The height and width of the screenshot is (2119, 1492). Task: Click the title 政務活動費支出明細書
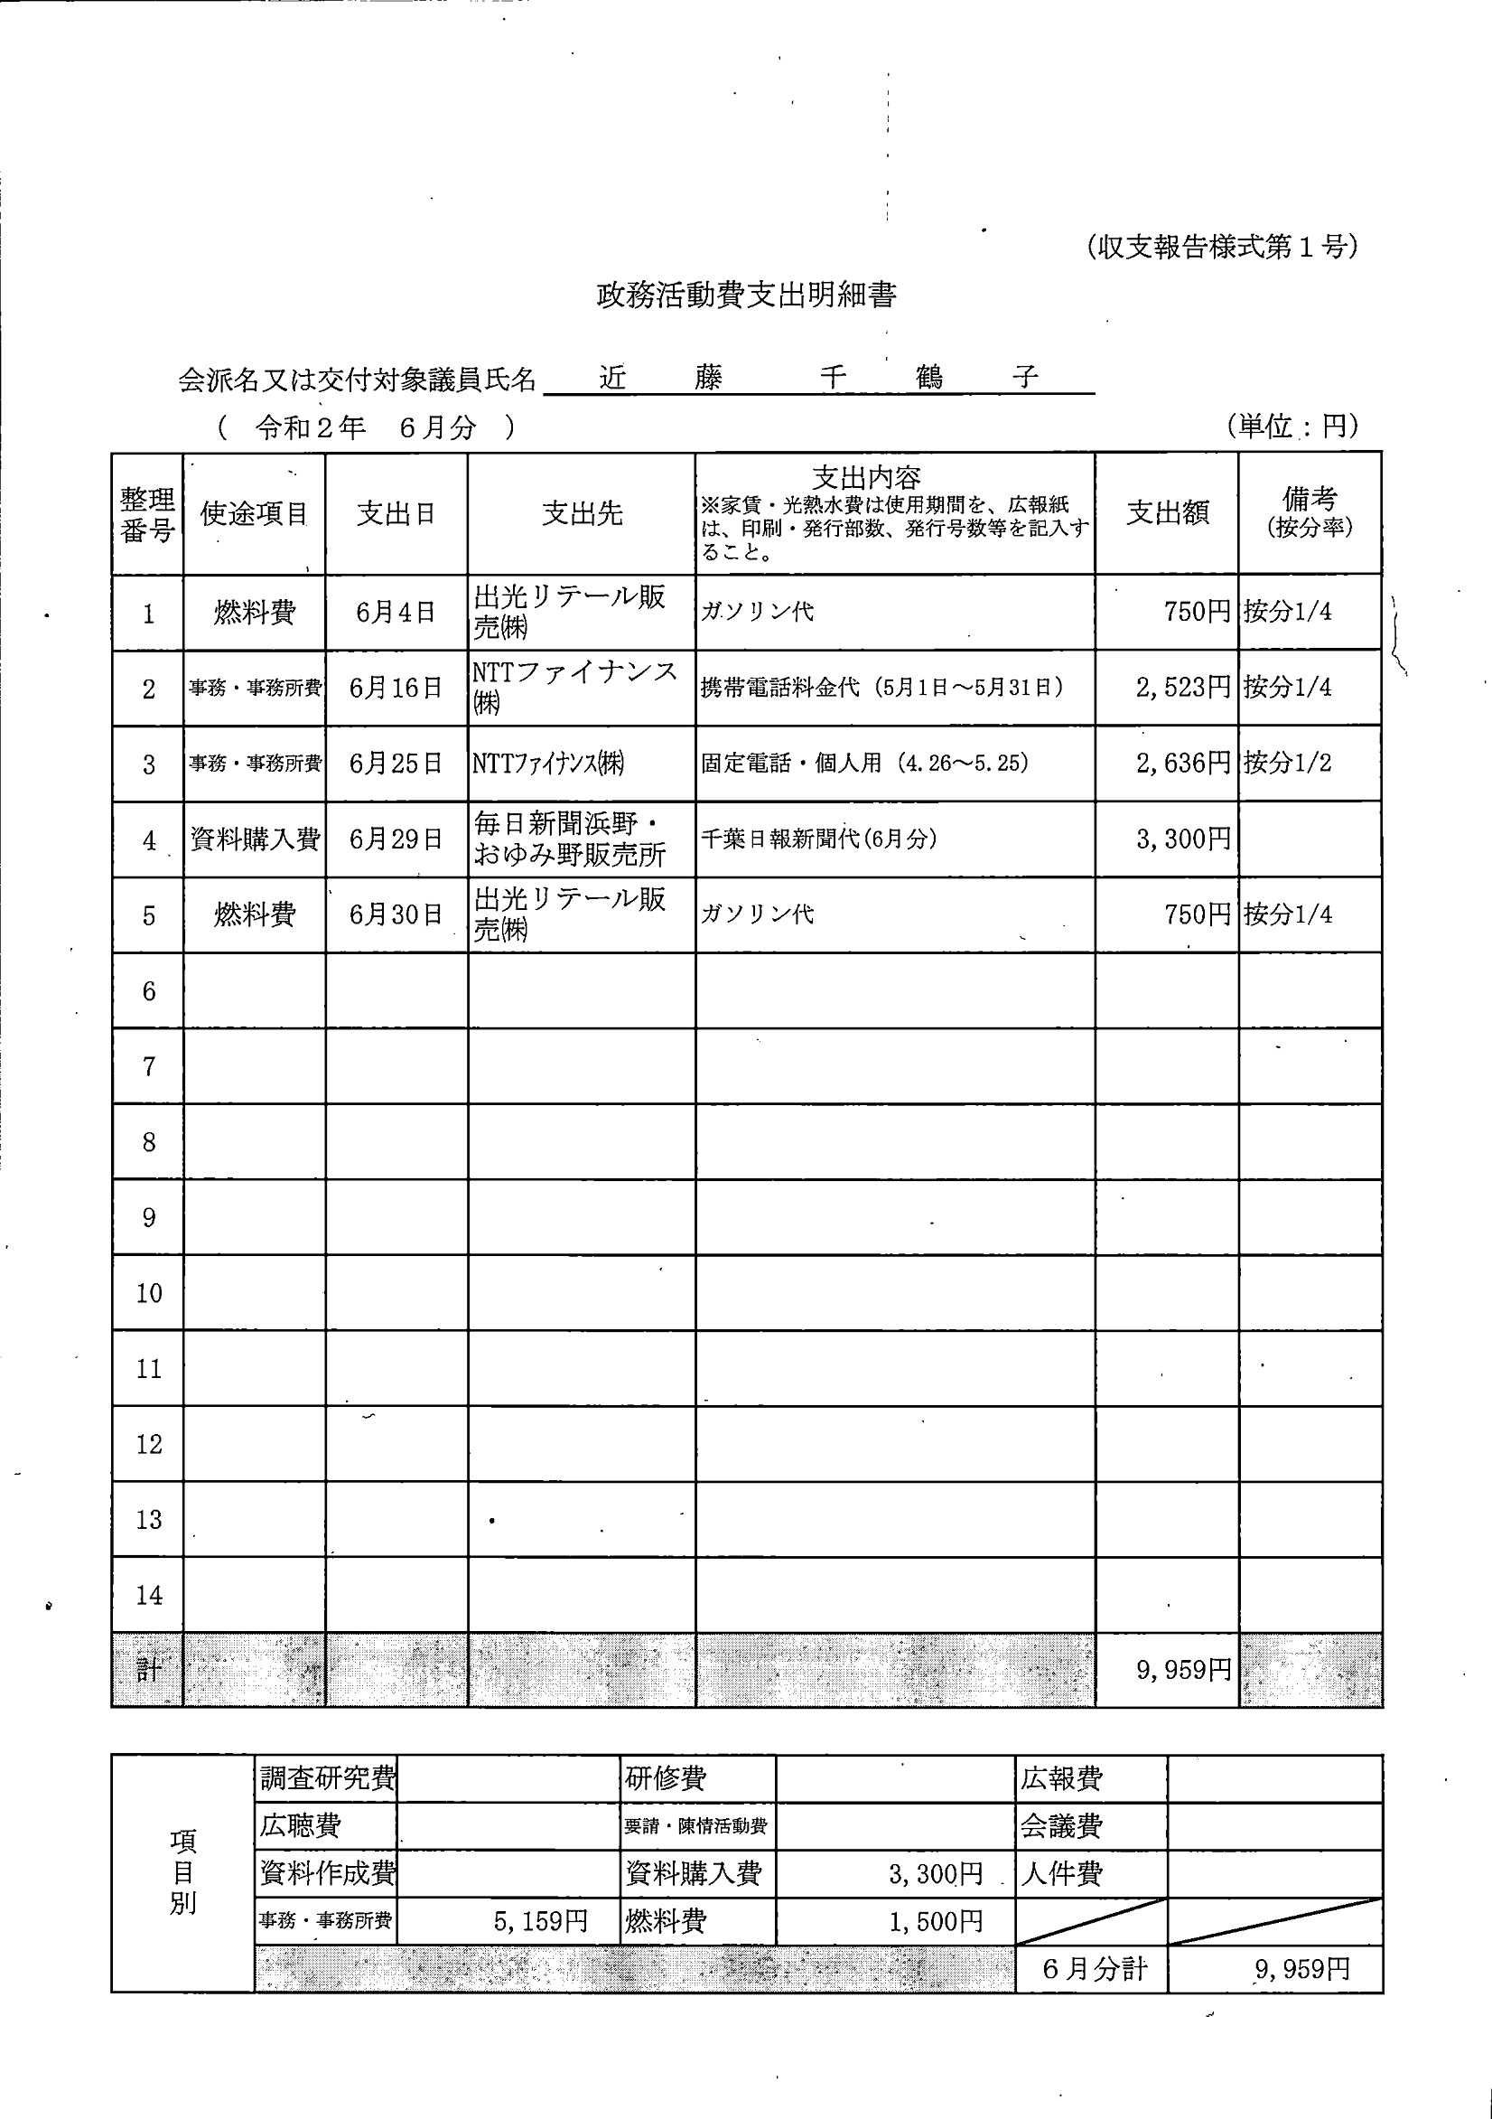745,295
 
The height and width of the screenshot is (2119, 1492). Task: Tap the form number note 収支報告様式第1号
1221,248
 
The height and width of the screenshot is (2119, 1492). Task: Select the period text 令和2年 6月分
366,427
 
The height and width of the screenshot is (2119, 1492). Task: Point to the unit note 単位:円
1292,426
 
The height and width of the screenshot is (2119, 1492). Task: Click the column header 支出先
582,513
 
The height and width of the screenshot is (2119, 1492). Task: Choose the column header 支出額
1166,513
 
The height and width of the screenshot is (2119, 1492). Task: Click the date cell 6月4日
395,612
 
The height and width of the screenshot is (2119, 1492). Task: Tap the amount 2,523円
1183,688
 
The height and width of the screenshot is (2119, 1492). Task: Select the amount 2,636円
1183,764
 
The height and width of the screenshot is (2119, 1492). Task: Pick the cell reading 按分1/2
1287,764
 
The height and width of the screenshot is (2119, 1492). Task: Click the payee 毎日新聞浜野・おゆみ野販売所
569,839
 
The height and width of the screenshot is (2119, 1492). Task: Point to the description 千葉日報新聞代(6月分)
818,839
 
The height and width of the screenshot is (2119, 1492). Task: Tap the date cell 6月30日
395,914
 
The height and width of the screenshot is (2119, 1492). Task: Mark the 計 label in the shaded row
148,1670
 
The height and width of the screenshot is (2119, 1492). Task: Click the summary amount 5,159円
540,1921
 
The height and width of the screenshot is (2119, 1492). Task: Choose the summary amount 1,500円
935,1921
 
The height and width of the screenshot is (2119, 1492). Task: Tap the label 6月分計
1095,1970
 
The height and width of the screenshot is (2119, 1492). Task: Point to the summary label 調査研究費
328,1777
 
